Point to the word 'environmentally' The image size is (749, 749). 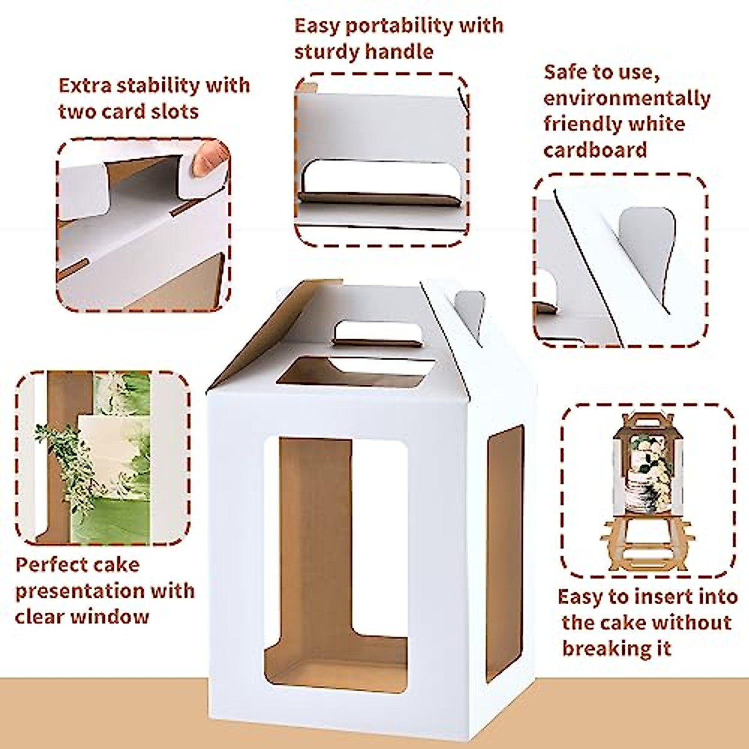[627, 99]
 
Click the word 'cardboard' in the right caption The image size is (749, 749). [595, 150]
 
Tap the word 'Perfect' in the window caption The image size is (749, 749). [52, 565]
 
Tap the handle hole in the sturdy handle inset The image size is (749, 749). [382, 178]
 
